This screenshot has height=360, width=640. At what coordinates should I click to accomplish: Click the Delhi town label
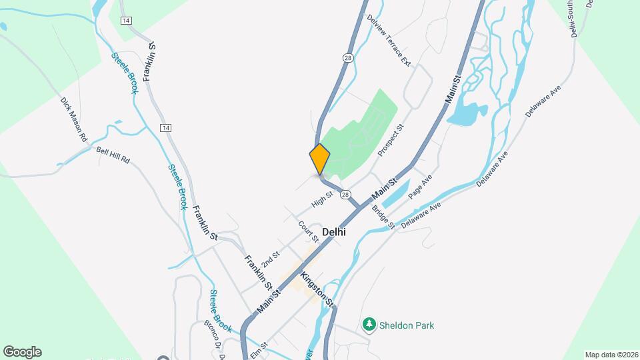(333, 232)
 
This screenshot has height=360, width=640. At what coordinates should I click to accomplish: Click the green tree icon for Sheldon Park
(369, 325)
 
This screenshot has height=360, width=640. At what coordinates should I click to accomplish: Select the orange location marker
(320, 159)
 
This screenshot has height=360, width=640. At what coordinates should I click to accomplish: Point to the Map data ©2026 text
(611, 354)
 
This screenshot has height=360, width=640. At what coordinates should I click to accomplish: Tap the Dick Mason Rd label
(75, 119)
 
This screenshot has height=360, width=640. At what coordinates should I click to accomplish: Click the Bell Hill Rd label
(112, 155)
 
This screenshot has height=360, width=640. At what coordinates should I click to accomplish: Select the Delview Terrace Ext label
(389, 39)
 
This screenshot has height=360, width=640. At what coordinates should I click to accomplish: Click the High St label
(322, 199)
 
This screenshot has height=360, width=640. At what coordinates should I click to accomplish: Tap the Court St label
(309, 232)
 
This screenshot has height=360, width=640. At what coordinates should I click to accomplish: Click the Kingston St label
(317, 289)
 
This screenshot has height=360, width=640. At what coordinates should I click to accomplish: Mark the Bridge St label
(384, 215)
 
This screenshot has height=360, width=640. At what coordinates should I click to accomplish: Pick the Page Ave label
(421, 186)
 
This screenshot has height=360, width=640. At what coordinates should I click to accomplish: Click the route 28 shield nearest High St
(345, 194)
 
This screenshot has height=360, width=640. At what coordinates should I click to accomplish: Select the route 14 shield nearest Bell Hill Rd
(166, 127)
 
